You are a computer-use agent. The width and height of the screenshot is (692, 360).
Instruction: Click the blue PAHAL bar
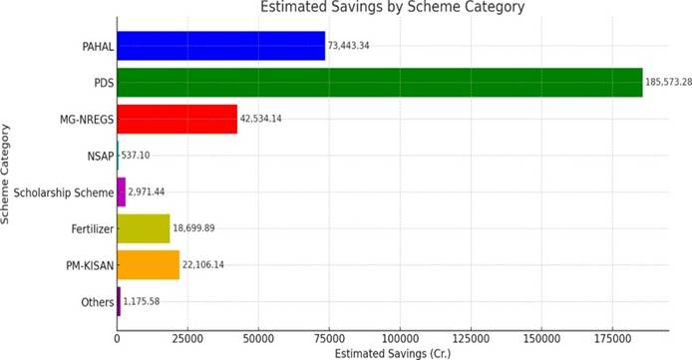point(221,46)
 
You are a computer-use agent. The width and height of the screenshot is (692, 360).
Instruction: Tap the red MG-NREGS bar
point(177,119)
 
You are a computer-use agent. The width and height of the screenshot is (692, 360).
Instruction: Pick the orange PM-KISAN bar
point(149,264)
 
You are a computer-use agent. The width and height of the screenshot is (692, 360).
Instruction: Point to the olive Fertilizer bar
point(144,228)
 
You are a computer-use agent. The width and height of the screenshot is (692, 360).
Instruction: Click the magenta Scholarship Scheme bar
point(122,191)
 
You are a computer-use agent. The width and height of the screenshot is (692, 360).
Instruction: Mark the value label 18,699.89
point(200,228)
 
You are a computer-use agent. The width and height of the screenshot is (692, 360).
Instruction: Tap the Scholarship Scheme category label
point(62,191)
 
